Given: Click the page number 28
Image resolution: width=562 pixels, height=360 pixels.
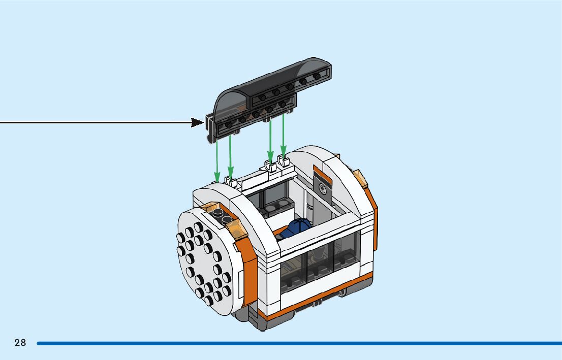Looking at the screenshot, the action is [x=20, y=343].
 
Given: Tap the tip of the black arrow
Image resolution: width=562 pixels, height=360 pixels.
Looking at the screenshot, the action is [x=203, y=122].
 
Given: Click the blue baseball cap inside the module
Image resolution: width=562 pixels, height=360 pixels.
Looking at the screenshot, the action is [x=298, y=228].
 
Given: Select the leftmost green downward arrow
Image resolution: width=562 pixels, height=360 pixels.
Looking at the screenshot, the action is [x=217, y=157].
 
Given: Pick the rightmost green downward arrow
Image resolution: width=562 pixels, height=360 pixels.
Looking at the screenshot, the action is [x=284, y=135].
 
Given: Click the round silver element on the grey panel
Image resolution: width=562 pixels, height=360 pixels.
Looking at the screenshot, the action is [x=322, y=189].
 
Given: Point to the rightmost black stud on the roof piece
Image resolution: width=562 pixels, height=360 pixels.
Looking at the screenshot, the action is [x=317, y=77].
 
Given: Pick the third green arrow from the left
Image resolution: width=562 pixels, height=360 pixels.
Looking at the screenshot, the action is [x=270, y=137].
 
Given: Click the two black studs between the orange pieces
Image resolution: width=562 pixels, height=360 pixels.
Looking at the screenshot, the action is [x=222, y=217].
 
